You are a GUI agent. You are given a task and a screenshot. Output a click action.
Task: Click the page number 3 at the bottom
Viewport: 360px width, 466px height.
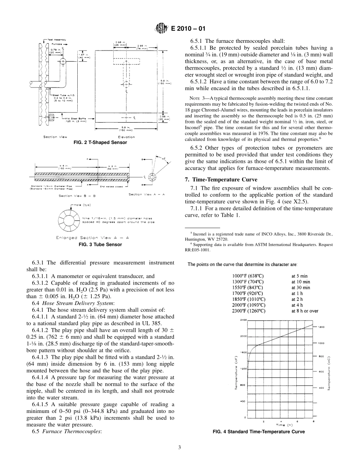point(180,447)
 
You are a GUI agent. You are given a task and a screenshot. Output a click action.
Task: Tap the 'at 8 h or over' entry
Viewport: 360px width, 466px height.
point(305,311)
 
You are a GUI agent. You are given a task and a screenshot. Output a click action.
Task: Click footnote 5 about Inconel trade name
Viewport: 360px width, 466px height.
point(261,237)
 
